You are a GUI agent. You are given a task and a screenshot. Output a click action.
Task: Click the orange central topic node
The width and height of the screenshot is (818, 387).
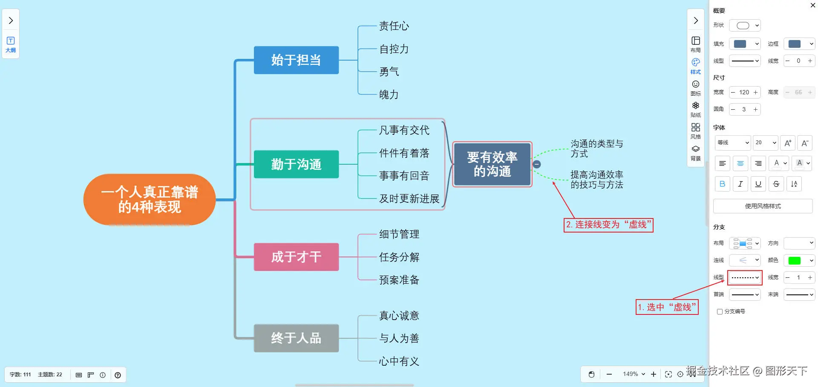(x=150, y=200)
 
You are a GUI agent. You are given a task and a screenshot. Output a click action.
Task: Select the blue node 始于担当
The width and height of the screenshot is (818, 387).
(x=296, y=60)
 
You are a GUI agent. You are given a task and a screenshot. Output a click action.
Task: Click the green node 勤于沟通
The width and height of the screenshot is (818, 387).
(x=296, y=164)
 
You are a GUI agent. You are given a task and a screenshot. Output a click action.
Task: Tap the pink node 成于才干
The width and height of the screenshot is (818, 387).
(x=296, y=257)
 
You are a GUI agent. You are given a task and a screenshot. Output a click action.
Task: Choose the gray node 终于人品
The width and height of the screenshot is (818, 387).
(x=296, y=338)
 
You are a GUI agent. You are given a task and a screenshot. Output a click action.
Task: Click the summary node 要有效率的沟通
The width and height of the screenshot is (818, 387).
(x=492, y=164)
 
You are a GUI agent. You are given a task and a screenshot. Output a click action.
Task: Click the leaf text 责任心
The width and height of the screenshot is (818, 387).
(x=394, y=26)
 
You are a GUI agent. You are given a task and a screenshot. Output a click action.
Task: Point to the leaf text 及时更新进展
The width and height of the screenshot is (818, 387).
(x=409, y=199)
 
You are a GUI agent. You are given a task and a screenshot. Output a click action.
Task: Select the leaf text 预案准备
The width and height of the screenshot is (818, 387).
(x=399, y=280)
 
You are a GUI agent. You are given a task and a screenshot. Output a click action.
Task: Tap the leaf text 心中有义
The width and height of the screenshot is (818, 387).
(x=399, y=361)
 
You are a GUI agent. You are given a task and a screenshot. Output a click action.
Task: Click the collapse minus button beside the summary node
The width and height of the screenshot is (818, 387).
(x=537, y=164)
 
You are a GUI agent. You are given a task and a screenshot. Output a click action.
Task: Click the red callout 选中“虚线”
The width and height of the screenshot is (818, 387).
(x=667, y=307)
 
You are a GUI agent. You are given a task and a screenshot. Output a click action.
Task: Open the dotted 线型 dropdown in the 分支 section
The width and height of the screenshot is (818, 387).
(x=745, y=278)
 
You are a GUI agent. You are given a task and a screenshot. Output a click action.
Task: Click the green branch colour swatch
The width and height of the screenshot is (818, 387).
(x=795, y=261)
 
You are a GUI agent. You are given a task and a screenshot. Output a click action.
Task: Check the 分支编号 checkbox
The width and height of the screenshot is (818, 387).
(x=720, y=312)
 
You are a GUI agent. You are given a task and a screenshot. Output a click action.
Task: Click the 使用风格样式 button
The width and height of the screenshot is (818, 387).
(x=763, y=206)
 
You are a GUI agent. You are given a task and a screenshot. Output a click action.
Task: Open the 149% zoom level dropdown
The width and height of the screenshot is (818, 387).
(x=634, y=374)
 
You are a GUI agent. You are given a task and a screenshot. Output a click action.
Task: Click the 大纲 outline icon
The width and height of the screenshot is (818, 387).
(x=11, y=44)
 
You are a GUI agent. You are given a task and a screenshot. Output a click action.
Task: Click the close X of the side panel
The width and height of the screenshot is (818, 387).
(x=812, y=6)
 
